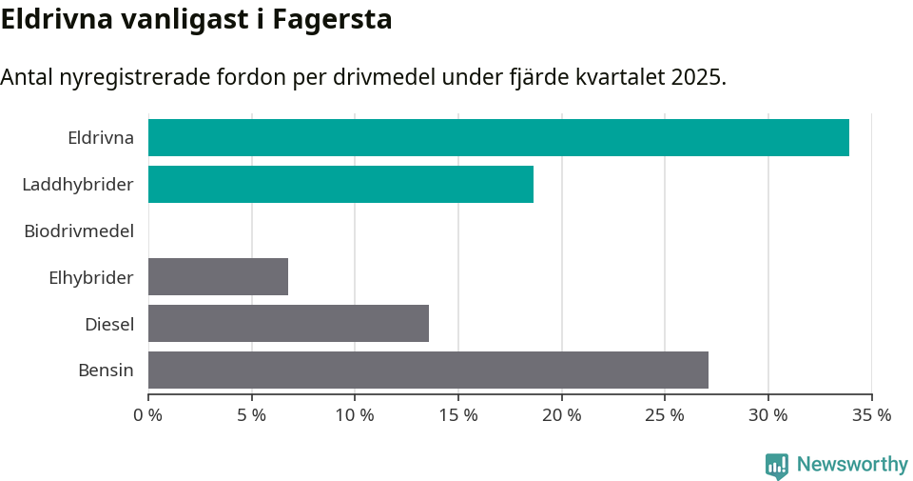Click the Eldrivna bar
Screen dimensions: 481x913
tap(498, 137)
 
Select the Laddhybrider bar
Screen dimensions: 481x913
tap(340, 184)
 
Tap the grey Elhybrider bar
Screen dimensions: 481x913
tap(218, 276)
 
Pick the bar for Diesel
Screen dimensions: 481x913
tap(288, 323)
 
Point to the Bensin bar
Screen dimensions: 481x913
tap(428, 370)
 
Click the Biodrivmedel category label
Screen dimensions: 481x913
tap(79, 230)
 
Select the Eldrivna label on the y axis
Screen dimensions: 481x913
tap(101, 137)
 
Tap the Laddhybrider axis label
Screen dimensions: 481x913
tap(78, 184)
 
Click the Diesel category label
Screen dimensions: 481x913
tap(109, 324)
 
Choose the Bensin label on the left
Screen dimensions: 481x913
tap(106, 371)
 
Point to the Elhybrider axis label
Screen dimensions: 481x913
tap(91, 277)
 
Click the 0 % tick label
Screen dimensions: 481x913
tap(148, 415)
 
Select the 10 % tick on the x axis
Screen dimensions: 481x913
tap(355, 415)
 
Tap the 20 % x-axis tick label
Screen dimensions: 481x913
tap(562, 415)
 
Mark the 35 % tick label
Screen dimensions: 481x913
tap(872, 415)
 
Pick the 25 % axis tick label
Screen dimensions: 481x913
tap(665, 415)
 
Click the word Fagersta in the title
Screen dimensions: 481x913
tap(332, 19)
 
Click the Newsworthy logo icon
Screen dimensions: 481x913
tap(777, 465)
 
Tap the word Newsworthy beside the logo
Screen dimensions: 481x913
tap(852, 464)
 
